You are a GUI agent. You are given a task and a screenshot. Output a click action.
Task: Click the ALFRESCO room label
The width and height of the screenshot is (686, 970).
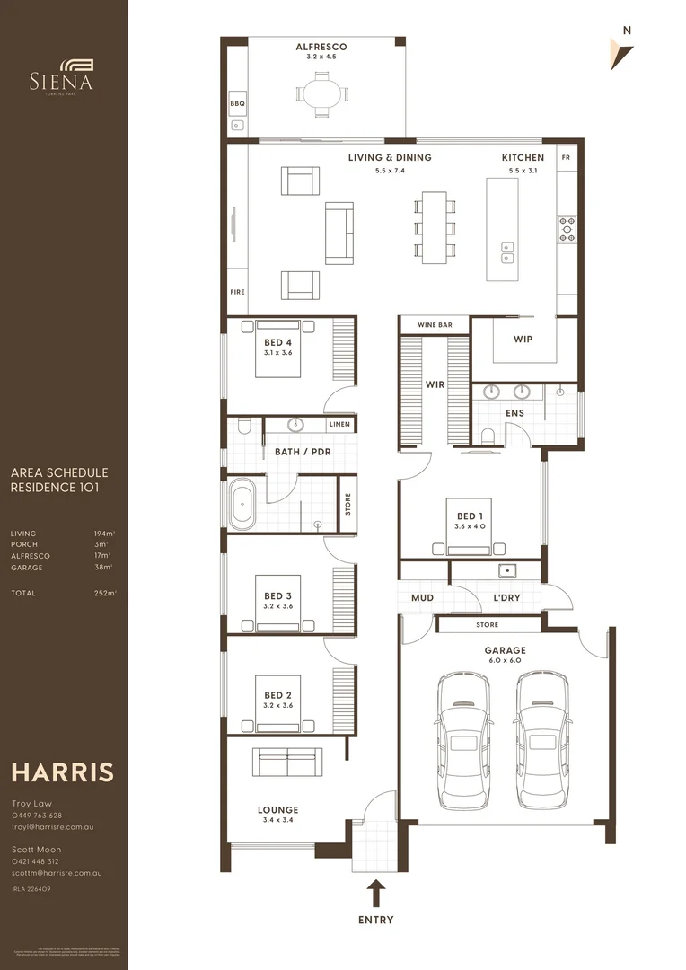[321, 47]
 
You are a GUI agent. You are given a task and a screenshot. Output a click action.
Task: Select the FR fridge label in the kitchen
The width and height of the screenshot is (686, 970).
[566, 157]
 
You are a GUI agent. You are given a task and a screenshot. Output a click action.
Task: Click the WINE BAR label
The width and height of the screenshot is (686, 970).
[435, 324]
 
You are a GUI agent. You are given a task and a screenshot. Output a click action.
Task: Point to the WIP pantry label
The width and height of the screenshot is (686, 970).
[523, 339]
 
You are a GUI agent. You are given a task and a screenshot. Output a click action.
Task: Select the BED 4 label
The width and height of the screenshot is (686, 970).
[277, 342]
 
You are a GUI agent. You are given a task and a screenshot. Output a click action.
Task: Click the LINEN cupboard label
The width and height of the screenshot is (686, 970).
[339, 424]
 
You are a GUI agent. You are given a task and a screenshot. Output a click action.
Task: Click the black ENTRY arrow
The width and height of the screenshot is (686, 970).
[376, 894]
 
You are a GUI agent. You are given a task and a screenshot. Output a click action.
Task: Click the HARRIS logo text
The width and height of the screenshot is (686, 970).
[62, 772]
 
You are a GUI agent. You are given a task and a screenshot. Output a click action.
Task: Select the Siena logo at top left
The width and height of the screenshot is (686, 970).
[64, 75]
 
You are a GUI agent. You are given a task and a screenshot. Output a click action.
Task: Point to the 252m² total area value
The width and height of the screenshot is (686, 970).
[105, 594]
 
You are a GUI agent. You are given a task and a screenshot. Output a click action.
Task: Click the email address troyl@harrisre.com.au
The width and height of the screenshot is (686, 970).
[52, 826]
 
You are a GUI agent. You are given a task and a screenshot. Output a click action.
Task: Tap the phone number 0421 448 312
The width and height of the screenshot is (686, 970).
[37, 860]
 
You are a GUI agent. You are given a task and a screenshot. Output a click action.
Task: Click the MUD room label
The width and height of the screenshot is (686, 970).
[422, 596]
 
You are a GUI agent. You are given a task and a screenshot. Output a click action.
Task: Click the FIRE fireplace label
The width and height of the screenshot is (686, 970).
[237, 292]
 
